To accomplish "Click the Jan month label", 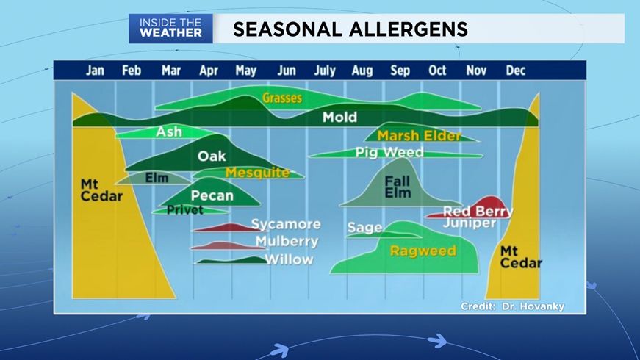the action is pyautogui.click(x=95, y=71).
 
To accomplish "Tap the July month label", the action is pyautogui.click(x=325, y=71).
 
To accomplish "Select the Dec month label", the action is pyautogui.click(x=516, y=71).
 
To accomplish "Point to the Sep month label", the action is pyautogui.click(x=400, y=71).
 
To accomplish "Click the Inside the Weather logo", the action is pyautogui.click(x=170, y=29).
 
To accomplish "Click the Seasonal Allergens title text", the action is pyautogui.click(x=350, y=29).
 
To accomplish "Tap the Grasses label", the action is pyautogui.click(x=282, y=98).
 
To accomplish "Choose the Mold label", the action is pyautogui.click(x=339, y=117).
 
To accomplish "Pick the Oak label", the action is pyautogui.click(x=212, y=156).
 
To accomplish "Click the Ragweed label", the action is pyautogui.click(x=423, y=251).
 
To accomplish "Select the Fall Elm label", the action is pyautogui.click(x=398, y=187).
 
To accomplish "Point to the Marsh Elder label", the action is pyautogui.click(x=419, y=135).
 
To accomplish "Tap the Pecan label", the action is pyautogui.click(x=212, y=195).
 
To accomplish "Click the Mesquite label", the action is pyautogui.click(x=258, y=173).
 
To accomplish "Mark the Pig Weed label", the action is pyautogui.click(x=389, y=152).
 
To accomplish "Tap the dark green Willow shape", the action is pyautogui.click(x=231, y=260).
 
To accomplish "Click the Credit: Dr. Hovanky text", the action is pyautogui.click(x=513, y=306).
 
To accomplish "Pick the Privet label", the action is pyautogui.click(x=185, y=210).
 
